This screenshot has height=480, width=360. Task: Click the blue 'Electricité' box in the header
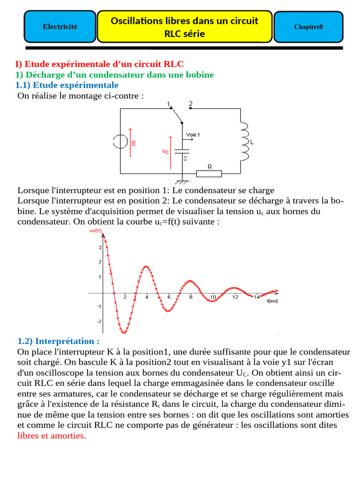(60, 27)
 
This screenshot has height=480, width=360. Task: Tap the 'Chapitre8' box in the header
(308, 27)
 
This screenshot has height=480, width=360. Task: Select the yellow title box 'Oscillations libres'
(184, 27)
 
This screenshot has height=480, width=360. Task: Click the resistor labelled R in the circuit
(209, 173)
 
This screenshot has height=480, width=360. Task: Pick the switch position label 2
(190, 103)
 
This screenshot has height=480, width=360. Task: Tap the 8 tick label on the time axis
(191, 297)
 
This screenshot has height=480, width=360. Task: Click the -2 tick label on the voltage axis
(98, 322)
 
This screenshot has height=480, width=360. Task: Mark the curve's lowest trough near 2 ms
(124, 333)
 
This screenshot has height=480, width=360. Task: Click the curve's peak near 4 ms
(146, 267)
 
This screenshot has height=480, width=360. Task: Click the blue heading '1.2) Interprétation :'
(59, 341)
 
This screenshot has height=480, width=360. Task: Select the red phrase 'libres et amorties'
(51, 435)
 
